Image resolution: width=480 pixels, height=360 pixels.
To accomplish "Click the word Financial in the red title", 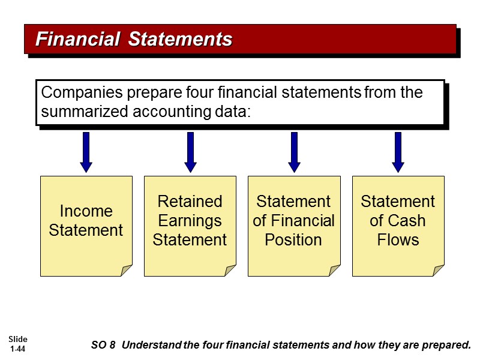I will tap(77, 40).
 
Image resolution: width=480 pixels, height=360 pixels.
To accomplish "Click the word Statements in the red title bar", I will tap(181, 40).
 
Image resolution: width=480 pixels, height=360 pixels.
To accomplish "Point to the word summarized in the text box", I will tap(82, 112).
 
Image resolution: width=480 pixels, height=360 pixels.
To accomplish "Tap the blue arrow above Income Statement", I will tap(86, 151).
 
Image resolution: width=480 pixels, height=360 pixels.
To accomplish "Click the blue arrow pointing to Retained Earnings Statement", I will tap(190, 151).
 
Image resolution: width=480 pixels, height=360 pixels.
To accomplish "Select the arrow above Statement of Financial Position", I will tap(294, 151).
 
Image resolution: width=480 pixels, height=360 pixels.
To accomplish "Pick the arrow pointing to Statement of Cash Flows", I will tap(398, 151).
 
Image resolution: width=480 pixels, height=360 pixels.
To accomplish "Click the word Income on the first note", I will tap(86, 211).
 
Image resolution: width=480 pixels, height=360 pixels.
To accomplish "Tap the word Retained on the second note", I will tap(190, 201).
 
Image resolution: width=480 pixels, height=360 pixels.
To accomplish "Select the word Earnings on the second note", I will tap(190, 221).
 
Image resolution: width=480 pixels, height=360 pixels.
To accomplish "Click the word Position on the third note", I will tap(293, 240).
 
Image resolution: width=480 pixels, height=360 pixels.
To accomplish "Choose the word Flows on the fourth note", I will tap(397, 240).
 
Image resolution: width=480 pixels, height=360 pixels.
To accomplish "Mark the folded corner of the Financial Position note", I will tap(334, 271).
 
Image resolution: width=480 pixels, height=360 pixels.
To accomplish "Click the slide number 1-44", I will tap(17, 349).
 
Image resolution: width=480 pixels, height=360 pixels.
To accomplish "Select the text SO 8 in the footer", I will tap(103, 345).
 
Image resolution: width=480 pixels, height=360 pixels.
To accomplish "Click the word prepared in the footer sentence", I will tap(448, 345).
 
